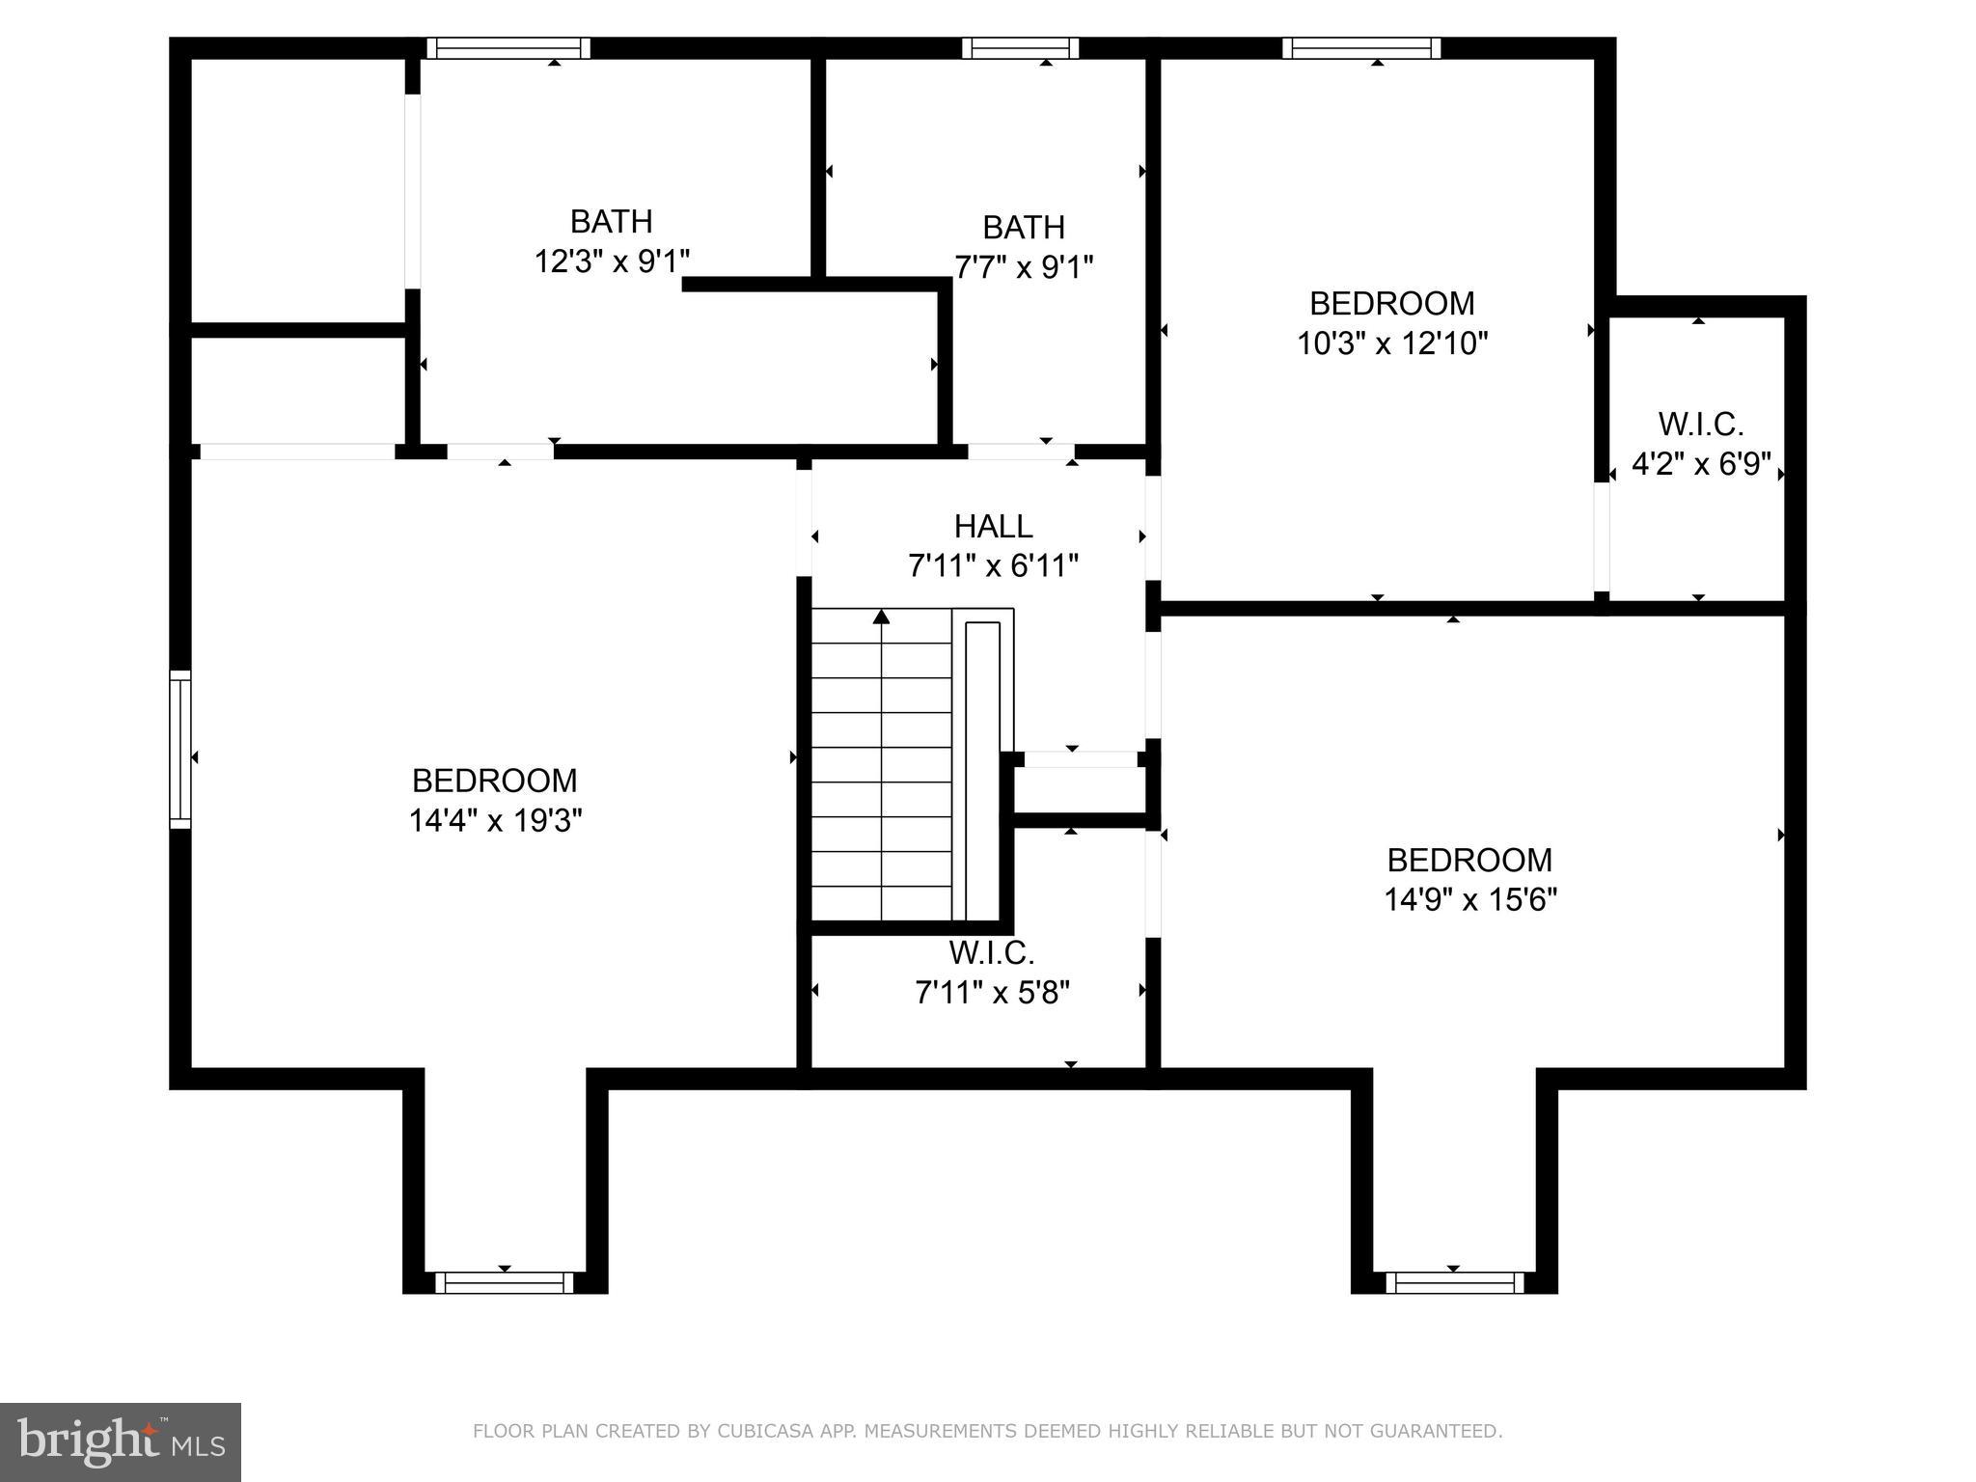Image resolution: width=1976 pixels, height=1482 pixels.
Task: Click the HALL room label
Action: point(993,526)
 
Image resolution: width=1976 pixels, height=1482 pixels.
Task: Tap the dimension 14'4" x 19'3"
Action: point(495,821)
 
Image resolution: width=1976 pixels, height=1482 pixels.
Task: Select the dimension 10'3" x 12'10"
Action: point(1391,343)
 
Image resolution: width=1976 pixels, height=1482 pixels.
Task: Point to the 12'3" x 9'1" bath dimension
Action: point(612,261)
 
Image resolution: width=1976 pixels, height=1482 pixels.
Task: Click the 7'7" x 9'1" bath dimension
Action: point(1023,266)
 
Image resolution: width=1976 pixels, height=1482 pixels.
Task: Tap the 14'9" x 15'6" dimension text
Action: point(1469,900)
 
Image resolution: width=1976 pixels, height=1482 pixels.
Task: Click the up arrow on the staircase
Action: point(881,617)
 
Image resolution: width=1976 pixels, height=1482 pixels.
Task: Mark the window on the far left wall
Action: point(180,750)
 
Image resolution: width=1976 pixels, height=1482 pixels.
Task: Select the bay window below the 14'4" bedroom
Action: point(504,1282)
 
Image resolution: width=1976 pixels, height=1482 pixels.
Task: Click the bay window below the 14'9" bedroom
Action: point(1454,1282)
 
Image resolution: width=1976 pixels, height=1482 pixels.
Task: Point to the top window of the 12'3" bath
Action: point(508,48)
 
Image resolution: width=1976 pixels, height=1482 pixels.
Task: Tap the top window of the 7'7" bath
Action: point(1020,48)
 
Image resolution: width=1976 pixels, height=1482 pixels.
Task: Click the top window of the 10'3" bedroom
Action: point(1360,48)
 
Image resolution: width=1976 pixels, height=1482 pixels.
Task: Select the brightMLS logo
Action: point(121,1441)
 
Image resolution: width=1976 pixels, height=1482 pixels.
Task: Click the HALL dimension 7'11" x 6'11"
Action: point(993,565)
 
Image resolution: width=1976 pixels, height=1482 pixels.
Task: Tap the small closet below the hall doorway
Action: point(1079,790)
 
